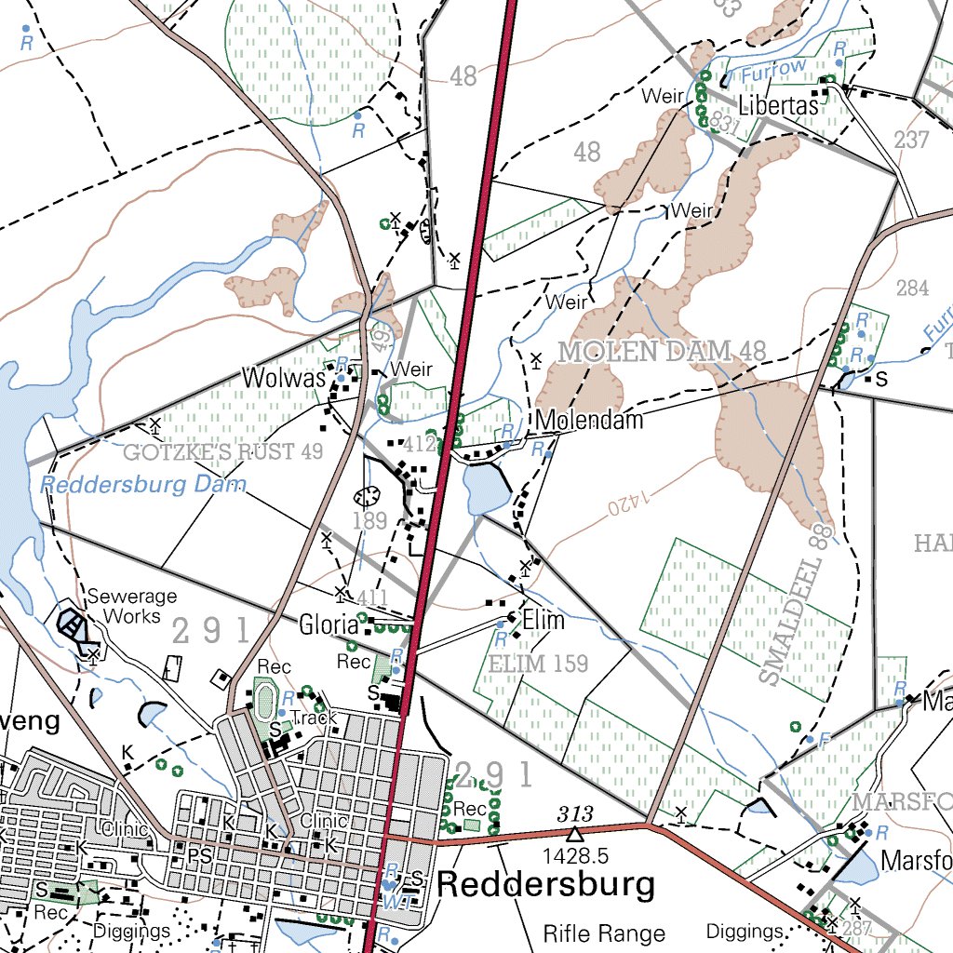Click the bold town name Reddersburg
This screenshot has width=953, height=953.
545,885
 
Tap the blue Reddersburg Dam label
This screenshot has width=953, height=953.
143,485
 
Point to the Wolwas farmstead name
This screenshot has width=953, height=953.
284,378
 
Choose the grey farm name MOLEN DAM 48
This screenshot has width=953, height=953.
662,352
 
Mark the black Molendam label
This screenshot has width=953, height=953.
589,421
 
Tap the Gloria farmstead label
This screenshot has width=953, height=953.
329,624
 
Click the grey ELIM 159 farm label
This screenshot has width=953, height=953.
538,664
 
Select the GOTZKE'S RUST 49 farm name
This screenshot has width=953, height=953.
222,453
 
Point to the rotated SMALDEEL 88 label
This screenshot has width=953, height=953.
793,605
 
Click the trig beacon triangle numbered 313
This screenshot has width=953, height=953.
575,833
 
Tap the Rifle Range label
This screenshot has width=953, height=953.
604,933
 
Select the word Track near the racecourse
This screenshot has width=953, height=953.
313,718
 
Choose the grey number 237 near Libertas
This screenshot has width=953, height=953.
911,140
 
